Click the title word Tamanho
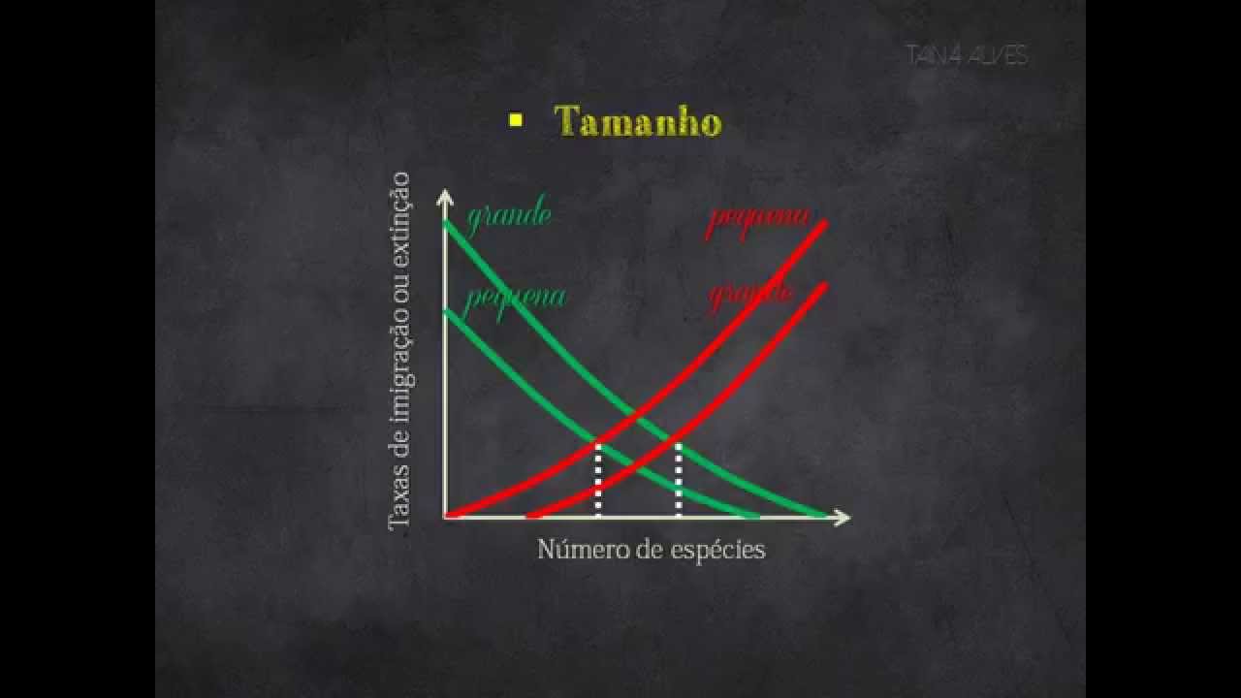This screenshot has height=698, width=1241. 638,122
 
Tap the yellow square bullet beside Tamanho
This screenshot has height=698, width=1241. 516,120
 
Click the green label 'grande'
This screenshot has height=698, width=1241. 510,216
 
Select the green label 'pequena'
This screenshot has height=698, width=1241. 516,296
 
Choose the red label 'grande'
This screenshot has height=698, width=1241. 751,294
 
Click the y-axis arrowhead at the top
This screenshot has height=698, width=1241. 445,197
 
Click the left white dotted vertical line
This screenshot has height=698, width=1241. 598,479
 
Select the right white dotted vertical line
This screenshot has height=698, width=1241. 678,479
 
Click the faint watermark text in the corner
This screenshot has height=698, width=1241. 966,55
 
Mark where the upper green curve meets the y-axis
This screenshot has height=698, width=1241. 446,224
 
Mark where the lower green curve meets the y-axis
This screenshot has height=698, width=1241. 446,310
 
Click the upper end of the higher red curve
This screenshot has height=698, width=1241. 825,223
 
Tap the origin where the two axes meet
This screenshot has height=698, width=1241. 445,517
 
